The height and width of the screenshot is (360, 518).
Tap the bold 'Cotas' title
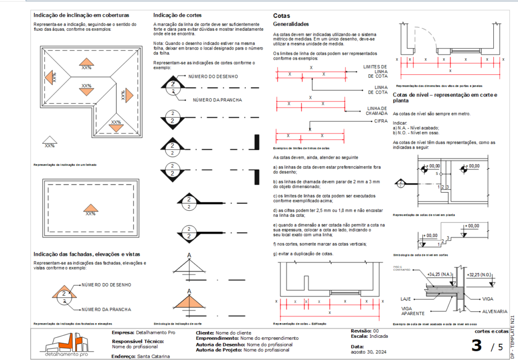coord(281,16)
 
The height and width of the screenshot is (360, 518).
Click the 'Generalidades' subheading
coord(291,24)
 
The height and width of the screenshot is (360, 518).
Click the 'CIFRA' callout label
coord(381,121)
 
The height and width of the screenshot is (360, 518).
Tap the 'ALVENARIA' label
coord(494,311)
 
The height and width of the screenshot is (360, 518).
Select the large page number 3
coord(476,346)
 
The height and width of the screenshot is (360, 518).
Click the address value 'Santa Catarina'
coord(154,356)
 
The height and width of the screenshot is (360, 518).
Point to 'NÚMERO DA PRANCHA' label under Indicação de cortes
coord(218,100)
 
